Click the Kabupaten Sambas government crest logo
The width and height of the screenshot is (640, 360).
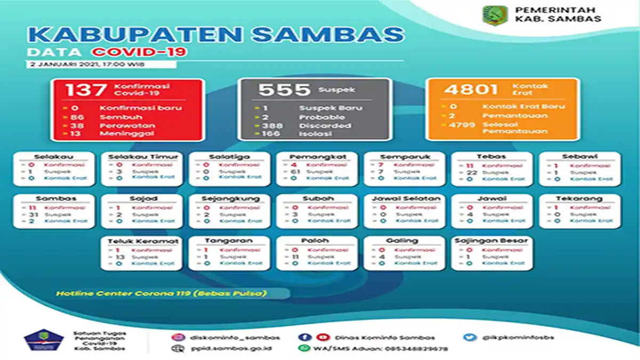(x=495, y=14)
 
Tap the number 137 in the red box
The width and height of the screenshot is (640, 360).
(x=85, y=90)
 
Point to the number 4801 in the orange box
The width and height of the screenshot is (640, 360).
(x=467, y=89)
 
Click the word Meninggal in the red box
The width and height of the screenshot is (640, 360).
(x=126, y=133)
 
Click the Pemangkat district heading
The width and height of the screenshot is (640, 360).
(x=318, y=157)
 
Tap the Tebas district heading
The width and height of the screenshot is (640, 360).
(x=492, y=157)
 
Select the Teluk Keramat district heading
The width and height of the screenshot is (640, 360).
(x=142, y=241)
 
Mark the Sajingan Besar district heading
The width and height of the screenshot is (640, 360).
(x=492, y=241)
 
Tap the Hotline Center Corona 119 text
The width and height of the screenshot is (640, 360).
(x=160, y=293)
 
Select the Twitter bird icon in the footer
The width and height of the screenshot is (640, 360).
(x=469, y=337)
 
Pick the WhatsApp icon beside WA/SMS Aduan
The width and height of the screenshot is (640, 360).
(x=304, y=349)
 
